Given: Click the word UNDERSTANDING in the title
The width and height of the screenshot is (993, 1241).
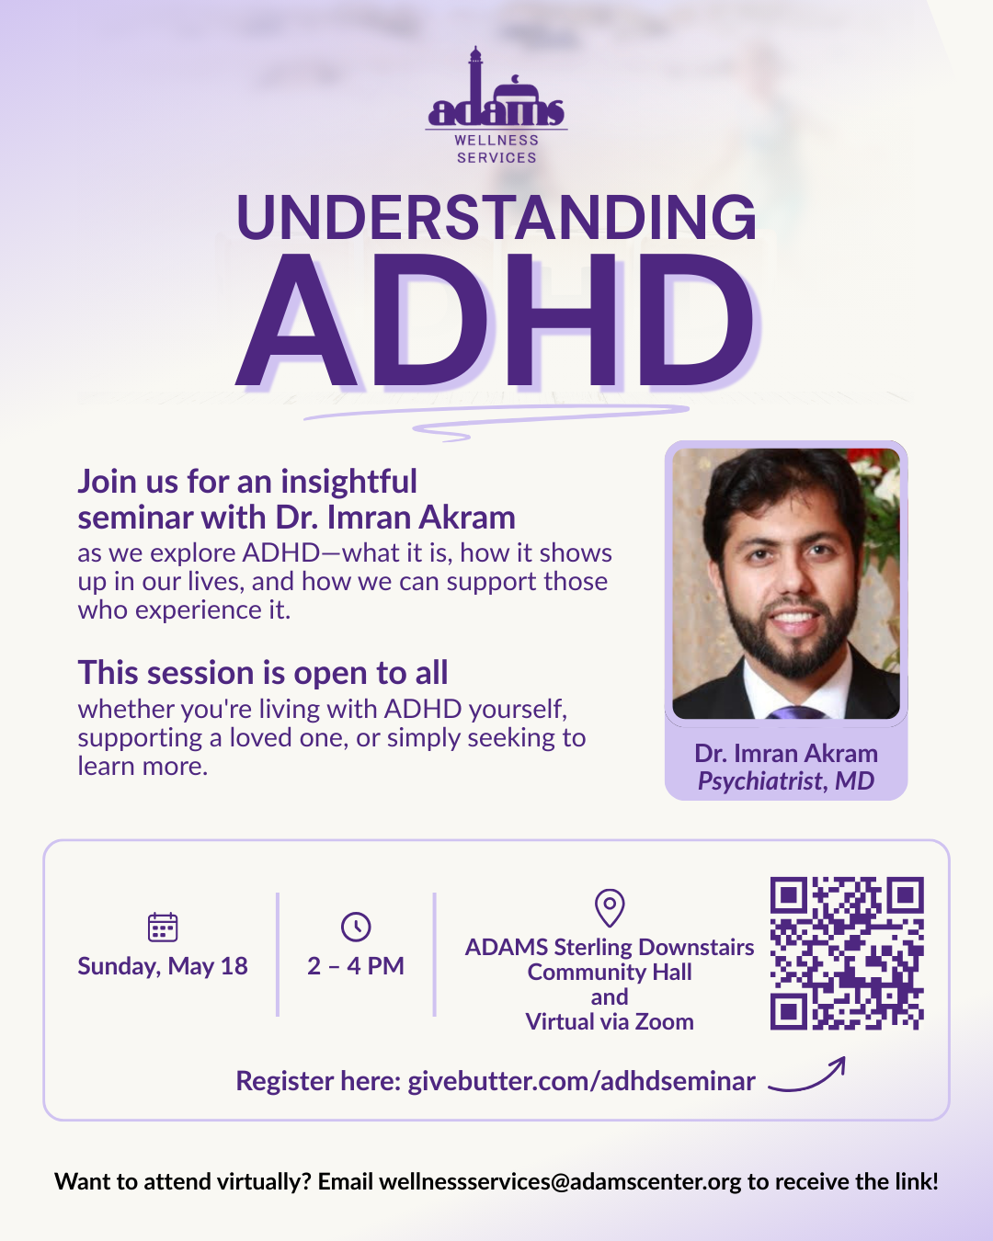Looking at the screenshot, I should [496, 218].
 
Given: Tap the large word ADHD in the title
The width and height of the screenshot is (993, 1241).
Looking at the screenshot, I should [496, 322].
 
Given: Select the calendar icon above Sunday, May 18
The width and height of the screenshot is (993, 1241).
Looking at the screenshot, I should [163, 927].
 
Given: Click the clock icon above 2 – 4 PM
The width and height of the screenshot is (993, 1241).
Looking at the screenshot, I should [356, 927].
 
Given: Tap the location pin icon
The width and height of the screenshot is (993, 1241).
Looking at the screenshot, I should [610, 907].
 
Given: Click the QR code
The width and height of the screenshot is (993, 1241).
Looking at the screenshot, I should [846, 953].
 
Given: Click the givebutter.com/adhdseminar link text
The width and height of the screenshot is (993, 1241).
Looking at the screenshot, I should [581, 1081].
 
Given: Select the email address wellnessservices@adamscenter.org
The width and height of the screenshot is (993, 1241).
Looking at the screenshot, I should [560, 1181].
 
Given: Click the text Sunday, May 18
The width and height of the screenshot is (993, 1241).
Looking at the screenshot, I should [163, 966].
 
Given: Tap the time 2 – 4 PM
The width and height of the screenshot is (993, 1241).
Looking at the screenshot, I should [356, 966].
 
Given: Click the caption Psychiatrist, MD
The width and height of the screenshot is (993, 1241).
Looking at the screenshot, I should [786, 781].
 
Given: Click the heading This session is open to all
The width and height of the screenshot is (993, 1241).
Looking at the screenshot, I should [263, 673].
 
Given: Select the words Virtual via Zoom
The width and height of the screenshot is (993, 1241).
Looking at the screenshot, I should [610, 1022].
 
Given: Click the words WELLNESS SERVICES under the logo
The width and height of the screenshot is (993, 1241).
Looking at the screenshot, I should [496, 149].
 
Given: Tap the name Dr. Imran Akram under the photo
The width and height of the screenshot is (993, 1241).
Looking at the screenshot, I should [786, 754].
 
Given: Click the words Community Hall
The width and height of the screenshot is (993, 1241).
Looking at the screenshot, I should [610, 973].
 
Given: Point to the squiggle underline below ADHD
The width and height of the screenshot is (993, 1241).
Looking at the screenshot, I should [496, 418].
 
